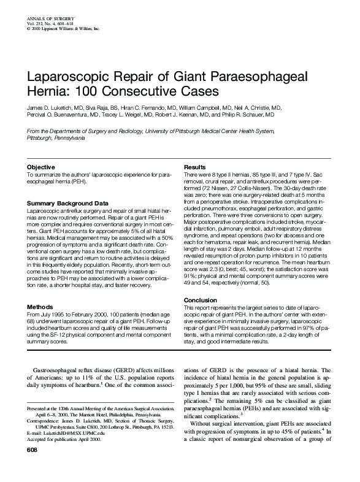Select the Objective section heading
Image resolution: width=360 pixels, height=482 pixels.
point(42,167)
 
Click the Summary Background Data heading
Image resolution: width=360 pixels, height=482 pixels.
point(67,202)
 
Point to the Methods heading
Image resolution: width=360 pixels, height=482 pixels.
point(41,307)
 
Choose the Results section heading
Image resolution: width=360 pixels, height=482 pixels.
point(194,167)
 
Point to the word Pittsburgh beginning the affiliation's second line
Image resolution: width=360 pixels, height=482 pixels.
point(40,139)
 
